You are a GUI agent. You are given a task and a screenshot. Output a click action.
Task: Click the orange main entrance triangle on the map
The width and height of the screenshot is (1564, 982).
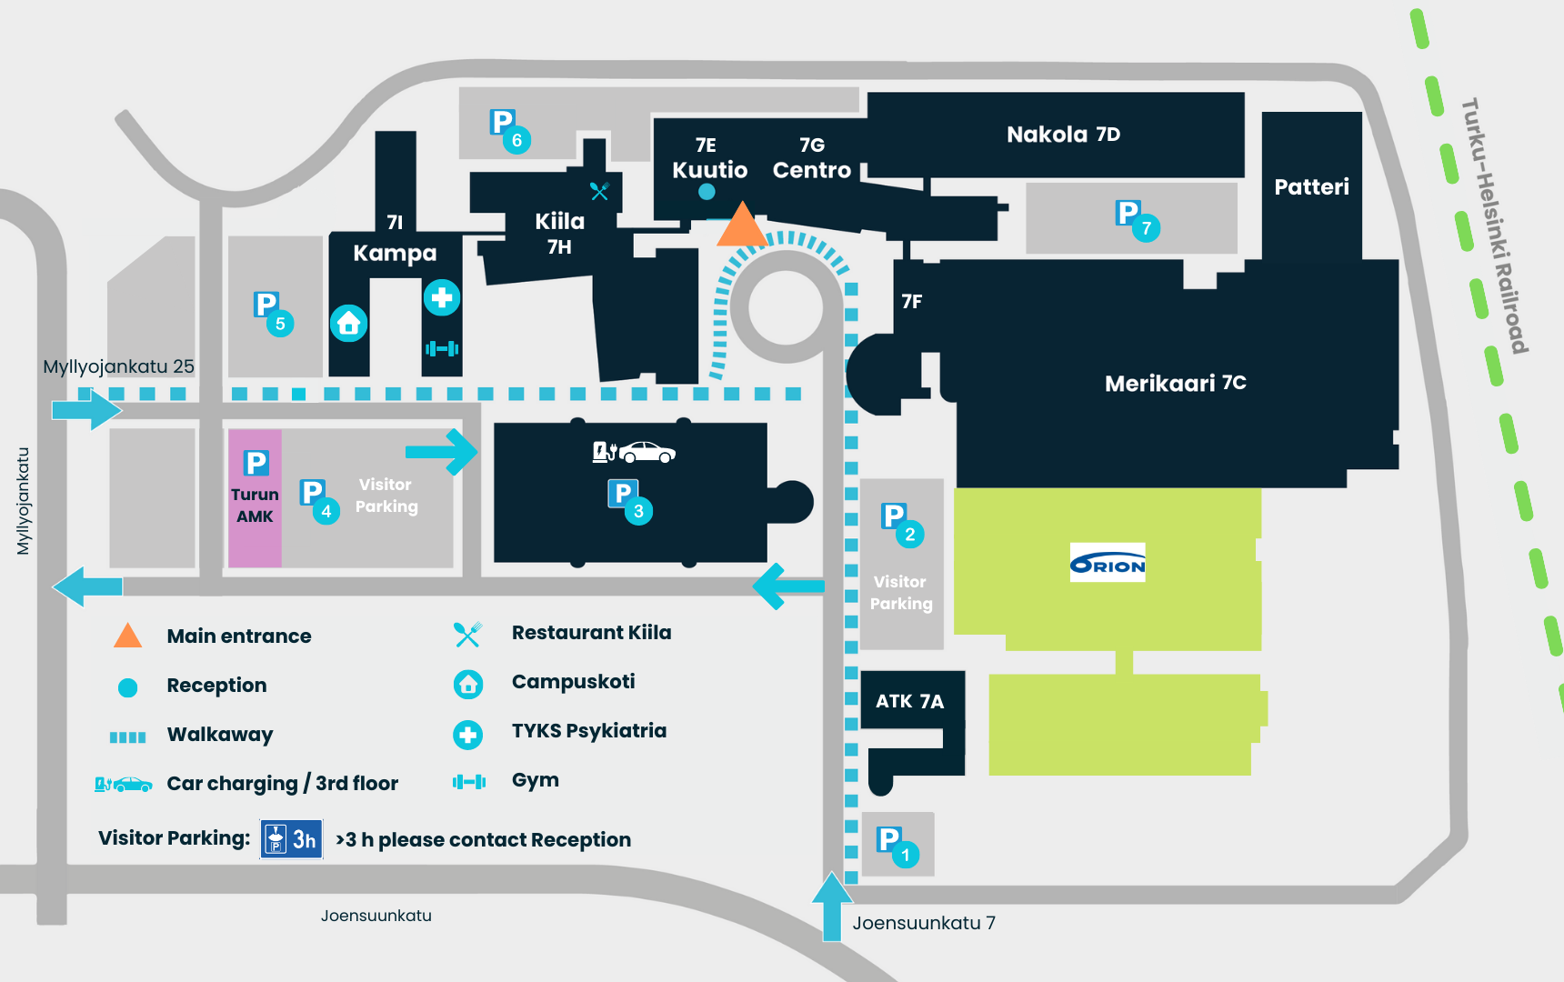click(742, 227)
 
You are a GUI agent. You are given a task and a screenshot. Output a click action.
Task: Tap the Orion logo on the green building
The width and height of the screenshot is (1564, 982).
click(1108, 564)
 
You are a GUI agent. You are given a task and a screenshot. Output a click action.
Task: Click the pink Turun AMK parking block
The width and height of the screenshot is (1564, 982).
click(255, 497)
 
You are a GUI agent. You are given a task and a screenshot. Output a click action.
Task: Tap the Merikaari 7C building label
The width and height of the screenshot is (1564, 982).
click(1175, 384)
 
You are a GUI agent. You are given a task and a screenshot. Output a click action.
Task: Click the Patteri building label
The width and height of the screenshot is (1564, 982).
click(1311, 187)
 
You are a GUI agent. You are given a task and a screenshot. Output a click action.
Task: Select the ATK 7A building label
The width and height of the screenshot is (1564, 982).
click(909, 701)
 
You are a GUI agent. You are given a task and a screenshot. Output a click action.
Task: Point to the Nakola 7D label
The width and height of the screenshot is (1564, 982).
click(1063, 135)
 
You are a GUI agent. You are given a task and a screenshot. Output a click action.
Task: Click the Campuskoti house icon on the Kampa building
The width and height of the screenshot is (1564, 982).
click(348, 323)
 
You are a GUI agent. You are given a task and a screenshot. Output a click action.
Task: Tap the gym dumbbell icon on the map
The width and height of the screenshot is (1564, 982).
click(442, 348)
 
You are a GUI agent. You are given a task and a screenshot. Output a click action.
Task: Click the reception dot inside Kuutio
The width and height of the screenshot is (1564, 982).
click(707, 192)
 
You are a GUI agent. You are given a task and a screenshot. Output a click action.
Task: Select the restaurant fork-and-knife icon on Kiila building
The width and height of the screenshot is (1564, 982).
click(599, 191)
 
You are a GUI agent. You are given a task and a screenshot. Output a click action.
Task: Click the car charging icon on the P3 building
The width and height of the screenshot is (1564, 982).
click(634, 452)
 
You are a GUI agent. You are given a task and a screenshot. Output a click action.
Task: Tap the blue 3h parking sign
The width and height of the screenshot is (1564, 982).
click(291, 839)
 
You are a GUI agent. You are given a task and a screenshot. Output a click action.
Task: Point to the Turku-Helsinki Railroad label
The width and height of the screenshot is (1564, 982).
click(1494, 225)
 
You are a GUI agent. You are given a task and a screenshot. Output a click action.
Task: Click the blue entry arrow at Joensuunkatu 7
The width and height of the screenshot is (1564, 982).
click(831, 905)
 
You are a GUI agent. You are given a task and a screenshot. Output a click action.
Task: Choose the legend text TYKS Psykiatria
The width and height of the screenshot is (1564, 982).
click(588, 731)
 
